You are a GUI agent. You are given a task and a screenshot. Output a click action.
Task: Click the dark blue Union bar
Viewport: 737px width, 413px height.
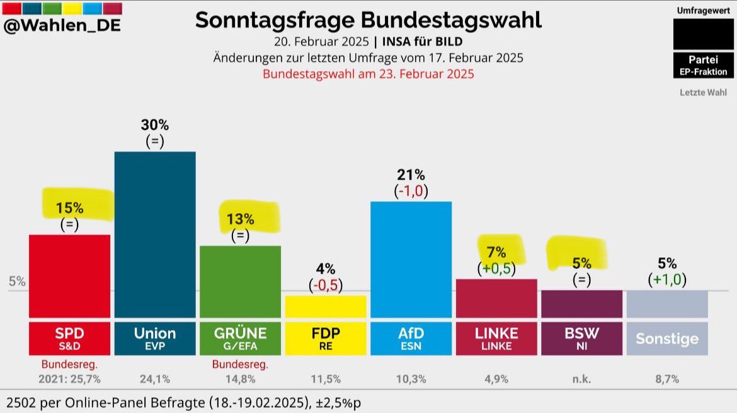155,235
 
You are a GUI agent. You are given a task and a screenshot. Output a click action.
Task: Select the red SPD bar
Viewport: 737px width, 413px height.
69,276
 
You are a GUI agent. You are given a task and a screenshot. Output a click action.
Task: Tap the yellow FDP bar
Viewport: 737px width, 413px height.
326,306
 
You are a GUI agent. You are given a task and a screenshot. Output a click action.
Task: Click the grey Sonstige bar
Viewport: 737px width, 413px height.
667,304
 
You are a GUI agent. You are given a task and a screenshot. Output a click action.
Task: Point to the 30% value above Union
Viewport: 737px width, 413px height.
155,125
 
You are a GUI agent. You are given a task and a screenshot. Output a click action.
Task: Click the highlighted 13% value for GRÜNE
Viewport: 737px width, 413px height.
241,219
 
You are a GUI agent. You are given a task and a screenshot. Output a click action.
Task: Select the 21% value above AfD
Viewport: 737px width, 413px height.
411,175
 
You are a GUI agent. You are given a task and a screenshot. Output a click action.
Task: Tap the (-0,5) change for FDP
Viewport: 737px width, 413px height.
326,285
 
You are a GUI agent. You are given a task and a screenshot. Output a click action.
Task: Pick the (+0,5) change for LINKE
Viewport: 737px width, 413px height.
496,269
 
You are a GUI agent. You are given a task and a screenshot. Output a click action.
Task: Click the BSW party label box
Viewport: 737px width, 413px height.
581,338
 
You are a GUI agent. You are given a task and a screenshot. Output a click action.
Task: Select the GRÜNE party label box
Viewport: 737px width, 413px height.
241,338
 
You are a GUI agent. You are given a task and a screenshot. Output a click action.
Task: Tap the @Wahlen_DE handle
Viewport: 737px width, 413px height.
62,26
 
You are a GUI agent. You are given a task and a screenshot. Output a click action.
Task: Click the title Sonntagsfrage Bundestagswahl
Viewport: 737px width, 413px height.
368,20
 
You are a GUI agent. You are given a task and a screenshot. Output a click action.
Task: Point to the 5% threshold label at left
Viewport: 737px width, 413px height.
17,281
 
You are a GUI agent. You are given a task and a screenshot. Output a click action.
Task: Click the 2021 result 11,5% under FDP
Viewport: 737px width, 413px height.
326,379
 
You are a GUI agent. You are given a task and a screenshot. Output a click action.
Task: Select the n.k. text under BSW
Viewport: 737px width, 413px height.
581,379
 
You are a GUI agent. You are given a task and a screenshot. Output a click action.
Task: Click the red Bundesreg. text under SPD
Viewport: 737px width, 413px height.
69,364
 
